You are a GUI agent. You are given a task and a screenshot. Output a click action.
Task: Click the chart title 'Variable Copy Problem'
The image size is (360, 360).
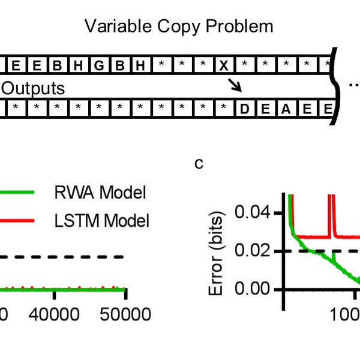pos(179,26)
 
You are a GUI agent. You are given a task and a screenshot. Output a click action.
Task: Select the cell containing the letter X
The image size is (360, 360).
pos(223,64)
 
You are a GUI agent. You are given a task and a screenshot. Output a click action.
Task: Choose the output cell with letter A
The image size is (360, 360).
pos(286,109)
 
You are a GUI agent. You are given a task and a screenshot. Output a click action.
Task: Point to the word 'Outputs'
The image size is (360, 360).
pos(32,88)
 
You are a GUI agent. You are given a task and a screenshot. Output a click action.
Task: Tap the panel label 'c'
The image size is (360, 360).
pos(200,163)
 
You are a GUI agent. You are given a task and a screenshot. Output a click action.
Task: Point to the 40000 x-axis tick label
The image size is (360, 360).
pos(54,313)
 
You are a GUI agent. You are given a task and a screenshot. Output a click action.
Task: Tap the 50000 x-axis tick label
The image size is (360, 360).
pos(124,313)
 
